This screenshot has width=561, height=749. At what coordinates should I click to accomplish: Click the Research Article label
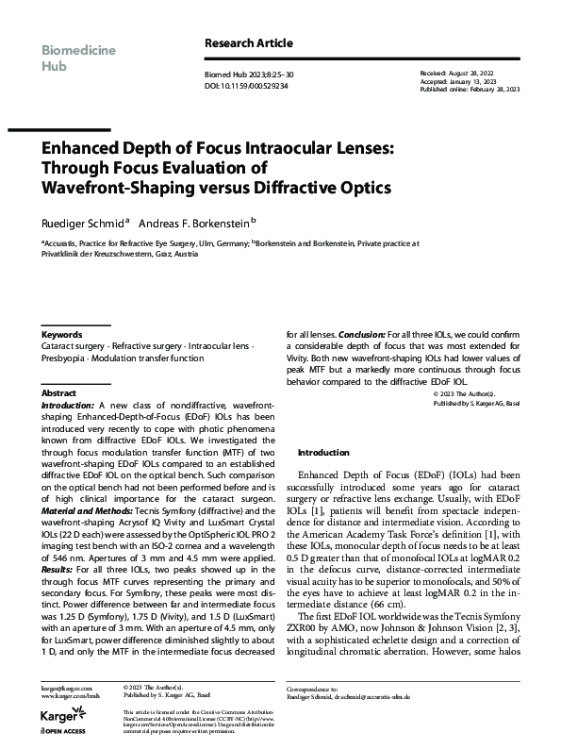coord(249,43)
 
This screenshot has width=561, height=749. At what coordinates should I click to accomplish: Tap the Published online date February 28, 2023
coord(490,90)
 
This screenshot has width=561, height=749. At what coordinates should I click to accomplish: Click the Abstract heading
coord(58,392)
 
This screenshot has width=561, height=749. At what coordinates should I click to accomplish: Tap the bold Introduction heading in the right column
coord(323,452)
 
